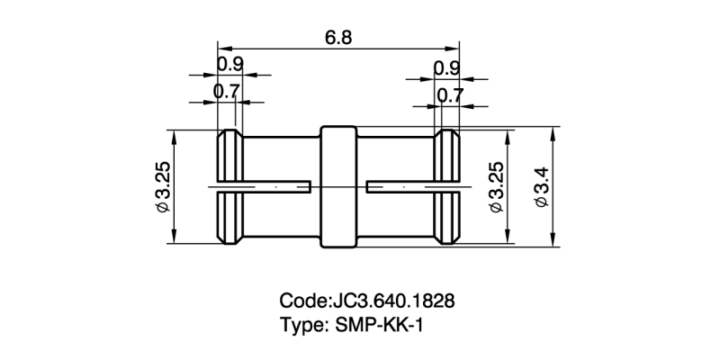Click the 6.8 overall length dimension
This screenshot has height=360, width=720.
[339, 38]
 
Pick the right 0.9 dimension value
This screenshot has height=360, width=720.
[447, 68]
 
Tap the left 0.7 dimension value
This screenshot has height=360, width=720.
[227, 91]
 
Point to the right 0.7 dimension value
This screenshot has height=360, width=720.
[449, 94]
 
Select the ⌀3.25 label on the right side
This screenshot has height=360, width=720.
[493, 187]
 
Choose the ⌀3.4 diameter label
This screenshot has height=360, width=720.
[542, 187]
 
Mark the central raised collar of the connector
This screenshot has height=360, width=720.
[338, 186]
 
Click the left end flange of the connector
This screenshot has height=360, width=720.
[229, 186]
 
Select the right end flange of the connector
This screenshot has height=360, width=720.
[448, 186]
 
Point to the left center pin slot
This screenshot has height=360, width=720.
[261, 187]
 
